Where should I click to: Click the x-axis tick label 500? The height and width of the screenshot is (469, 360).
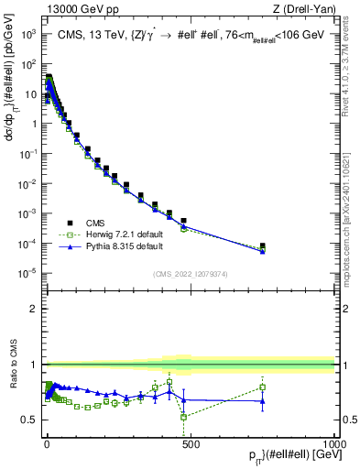pos(191,442)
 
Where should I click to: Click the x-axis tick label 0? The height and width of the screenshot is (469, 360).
pos(47,442)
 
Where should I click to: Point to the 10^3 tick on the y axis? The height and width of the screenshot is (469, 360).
pos(28,34)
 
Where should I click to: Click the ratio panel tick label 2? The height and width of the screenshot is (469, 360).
pos(34,309)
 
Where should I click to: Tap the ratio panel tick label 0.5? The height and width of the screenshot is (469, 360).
pos(30,420)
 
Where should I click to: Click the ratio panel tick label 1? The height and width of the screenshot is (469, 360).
pos(34,365)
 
